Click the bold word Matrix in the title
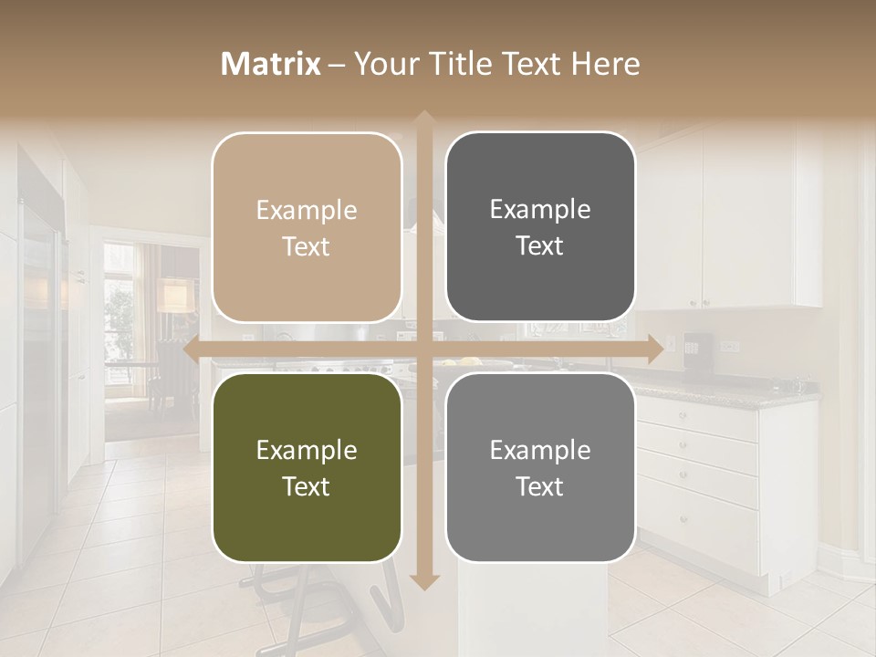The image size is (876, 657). [271, 64]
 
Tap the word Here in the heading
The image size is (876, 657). [605, 64]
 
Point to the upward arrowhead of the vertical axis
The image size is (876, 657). [423, 119]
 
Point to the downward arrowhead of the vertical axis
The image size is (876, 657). [423, 581]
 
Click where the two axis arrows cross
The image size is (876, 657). [423, 349]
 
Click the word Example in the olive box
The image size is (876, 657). [307, 450]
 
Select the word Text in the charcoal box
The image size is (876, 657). [540, 246]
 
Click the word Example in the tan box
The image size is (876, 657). [307, 210]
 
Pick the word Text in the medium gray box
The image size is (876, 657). [540, 486]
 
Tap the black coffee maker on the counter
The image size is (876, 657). [696, 347]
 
